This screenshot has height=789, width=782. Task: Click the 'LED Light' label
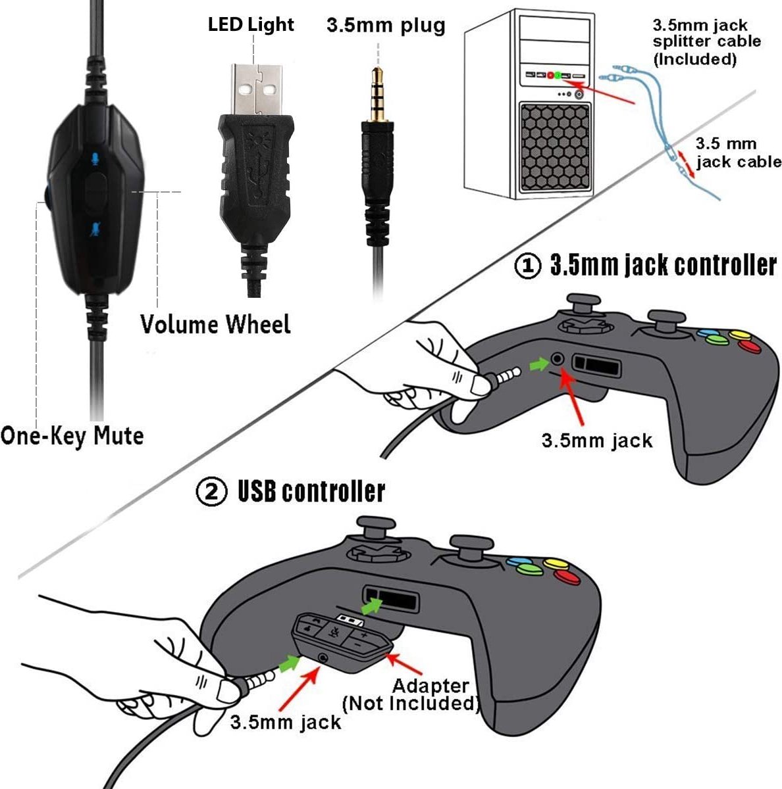tap(251, 25)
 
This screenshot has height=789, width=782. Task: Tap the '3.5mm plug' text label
tap(386, 26)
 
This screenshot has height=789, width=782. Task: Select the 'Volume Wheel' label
tap(215, 325)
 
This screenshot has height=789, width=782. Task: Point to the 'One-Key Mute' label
tap(72, 436)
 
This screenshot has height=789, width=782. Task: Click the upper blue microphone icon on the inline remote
tap(96, 158)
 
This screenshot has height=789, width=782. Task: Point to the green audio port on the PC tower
tap(558, 76)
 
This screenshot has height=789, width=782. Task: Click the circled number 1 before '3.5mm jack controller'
tap(527, 266)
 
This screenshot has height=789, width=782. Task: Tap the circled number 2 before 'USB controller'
tap(212, 492)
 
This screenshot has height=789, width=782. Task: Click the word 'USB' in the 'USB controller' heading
tap(259, 492)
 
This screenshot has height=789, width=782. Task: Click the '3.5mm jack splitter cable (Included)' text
tap(706, 42)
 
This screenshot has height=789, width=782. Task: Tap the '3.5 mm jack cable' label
tap(737, 153)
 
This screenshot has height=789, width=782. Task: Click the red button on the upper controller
tap(748, 346)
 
